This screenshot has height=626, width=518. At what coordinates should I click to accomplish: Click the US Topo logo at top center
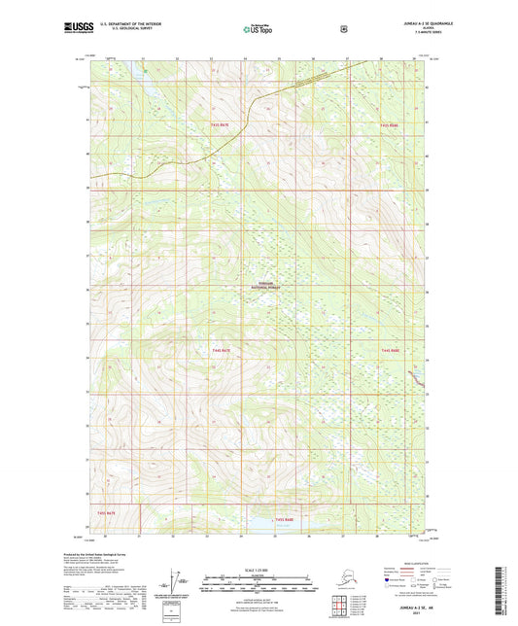258,30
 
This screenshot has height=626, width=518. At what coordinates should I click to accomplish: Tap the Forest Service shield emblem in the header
343,29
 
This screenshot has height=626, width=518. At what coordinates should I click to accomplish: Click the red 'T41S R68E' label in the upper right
390,125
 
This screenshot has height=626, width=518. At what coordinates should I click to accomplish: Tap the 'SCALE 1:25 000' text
258,570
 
